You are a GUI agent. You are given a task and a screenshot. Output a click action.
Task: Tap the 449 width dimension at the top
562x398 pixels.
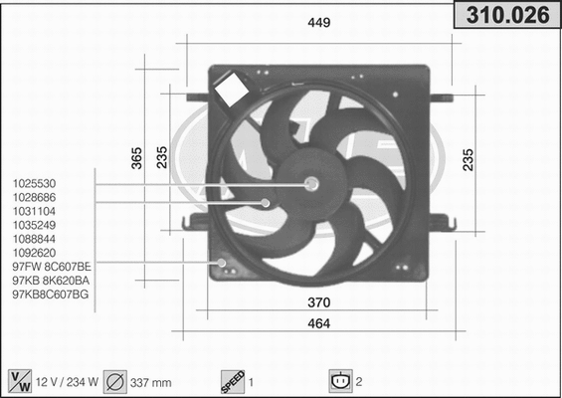[318, 22]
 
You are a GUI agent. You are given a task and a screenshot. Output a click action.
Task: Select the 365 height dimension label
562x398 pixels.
[137, 156]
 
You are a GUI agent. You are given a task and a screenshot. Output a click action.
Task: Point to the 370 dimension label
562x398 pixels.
[317, 301]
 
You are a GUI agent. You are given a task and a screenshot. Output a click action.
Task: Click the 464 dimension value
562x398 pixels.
[317, 323]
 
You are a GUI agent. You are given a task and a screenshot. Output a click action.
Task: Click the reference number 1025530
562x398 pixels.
[34, 184]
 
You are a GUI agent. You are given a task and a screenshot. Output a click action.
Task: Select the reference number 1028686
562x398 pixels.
[34, 198]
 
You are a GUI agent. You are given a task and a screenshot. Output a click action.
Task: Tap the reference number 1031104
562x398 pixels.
[34, 212]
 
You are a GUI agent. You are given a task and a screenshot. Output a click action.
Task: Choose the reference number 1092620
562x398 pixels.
[34, 254]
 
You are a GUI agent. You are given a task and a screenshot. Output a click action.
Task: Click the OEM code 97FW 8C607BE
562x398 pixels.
[52, 268]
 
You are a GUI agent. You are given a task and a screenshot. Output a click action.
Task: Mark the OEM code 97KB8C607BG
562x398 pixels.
[51, 296]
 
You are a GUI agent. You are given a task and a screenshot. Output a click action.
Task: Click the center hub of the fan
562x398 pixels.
[311, 183]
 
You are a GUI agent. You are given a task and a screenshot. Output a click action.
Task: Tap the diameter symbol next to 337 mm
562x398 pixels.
[114, 381]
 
